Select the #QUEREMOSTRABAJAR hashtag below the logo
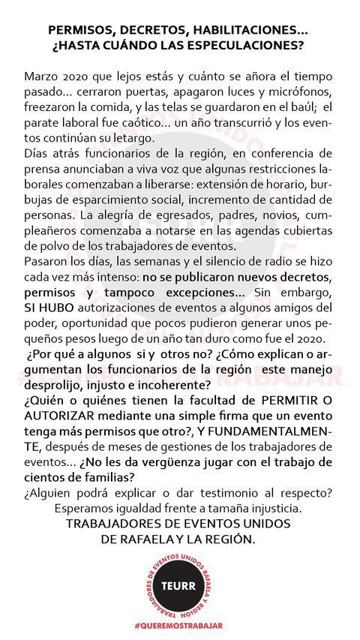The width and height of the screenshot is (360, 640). click(180, 626)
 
